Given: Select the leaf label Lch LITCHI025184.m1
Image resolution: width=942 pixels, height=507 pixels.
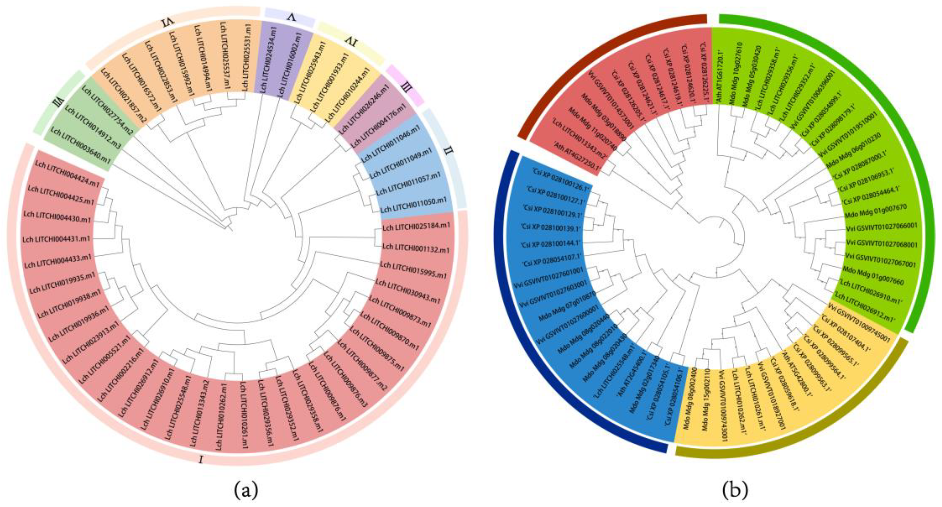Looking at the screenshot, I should [416, 227].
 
